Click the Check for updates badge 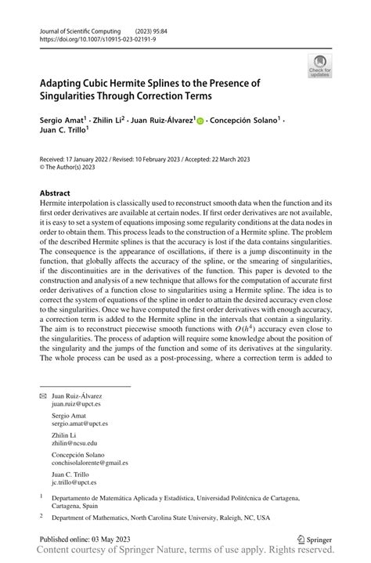[319, 66]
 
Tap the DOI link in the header [99, 38]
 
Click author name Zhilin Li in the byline [111, 121]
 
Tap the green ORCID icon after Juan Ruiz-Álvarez [200, 122]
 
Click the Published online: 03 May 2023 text [88, 540]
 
